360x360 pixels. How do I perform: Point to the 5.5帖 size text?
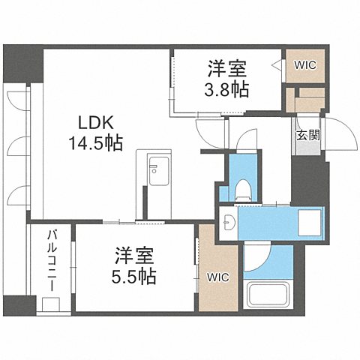136,277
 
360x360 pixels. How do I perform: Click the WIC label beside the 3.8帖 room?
305,64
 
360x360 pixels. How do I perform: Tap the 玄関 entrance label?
305,135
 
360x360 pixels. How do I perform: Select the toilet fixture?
242,189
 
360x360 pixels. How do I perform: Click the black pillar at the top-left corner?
22,64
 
